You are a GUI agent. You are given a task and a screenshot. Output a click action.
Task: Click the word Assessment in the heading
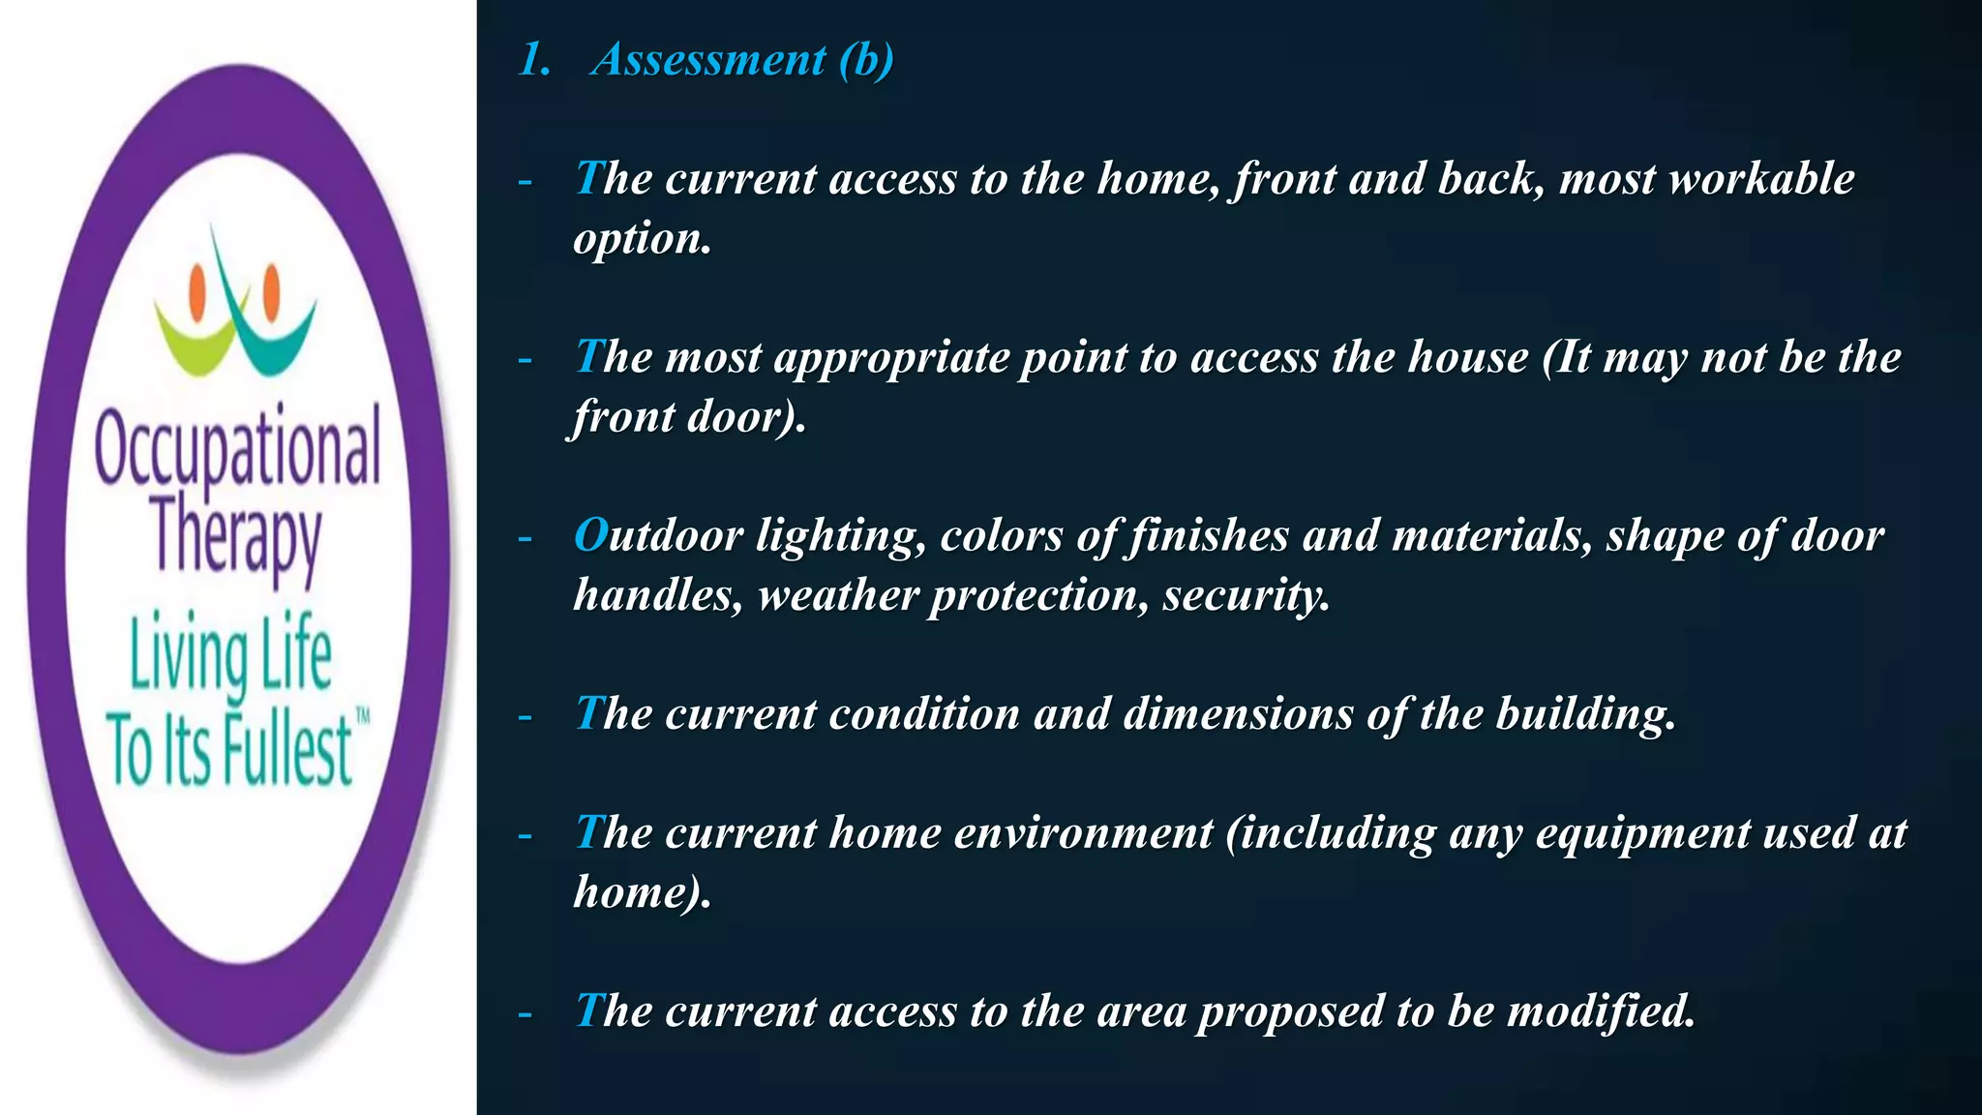708,60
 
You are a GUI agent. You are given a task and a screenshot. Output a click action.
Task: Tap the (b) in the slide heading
866,60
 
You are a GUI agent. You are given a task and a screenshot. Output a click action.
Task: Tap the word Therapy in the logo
237,537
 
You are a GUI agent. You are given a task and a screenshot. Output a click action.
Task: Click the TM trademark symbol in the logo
363,717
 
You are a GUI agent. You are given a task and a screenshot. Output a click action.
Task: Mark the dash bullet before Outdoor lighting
525,538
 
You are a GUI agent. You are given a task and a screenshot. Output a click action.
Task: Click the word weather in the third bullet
838,595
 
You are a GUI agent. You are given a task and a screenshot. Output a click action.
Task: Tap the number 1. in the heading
534,60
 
